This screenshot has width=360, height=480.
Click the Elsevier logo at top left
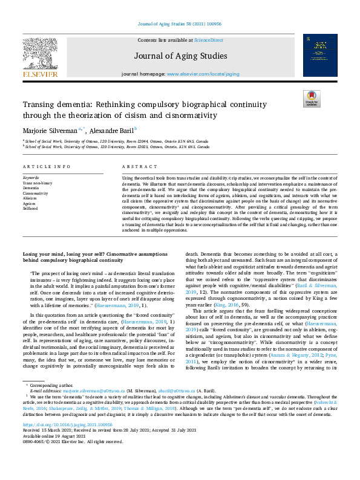(x=41, y=57)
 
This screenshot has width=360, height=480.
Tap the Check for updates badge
(x=311, y=99)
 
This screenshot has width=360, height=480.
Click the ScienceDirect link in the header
(x=208, y=39)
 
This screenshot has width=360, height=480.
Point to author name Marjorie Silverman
(x=50, y=129)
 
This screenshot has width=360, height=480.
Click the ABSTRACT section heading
(x=136, y=166)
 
